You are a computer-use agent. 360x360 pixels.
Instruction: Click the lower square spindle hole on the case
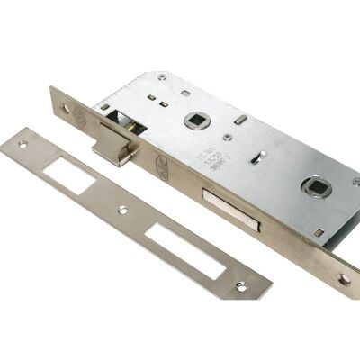pos(317,187)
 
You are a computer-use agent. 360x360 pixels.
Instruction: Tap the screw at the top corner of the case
pos(162,77)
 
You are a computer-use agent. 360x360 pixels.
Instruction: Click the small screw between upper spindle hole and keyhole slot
pos(228,137)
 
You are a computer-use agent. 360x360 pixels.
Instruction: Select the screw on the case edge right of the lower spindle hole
pos(355,182)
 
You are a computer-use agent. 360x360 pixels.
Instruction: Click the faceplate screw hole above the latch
pos(65,108)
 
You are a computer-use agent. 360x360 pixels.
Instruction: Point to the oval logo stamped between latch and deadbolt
pos(162,166)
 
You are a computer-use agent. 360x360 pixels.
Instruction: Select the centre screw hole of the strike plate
pos(123,211)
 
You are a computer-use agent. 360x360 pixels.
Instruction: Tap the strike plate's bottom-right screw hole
pos(240,286)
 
